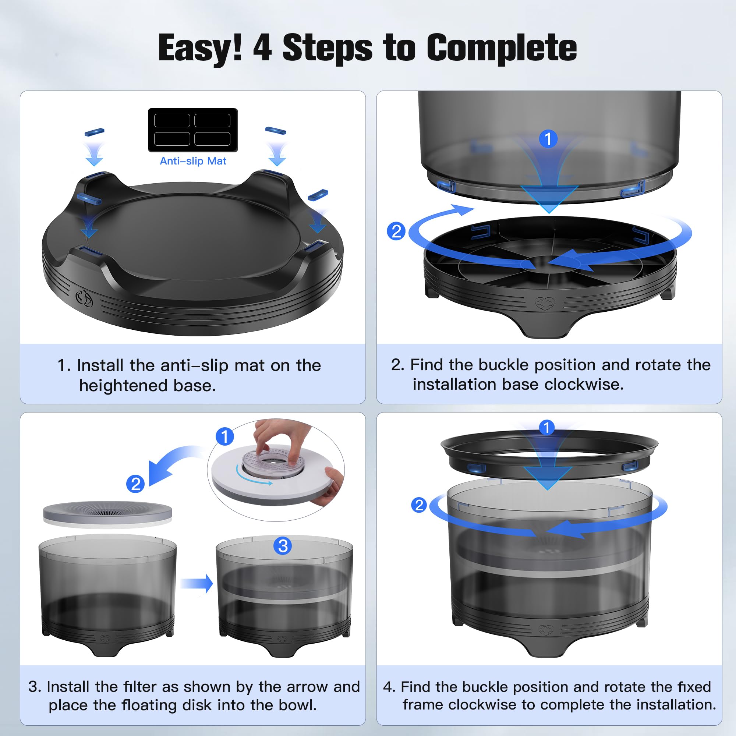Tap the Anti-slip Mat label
pyautogui.click(x=193, y=161)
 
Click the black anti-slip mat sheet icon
pyautogui.click(x=193, y=130)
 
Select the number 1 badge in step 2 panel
pyautogui.click(x=548, y=139)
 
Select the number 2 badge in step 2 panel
pyautogui.click(x=396, y=231)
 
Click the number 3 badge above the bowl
pyautogui.click(x=283, y=546)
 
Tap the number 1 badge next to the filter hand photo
pyautogui.click(x=225, y=436)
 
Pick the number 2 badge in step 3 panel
pyautogui.click(x=135, y=484)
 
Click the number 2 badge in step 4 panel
pyautogui.click(x=419, y=505)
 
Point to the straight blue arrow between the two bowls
pyautogui.click(x=197, y=583)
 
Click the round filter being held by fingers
pyautogui.click(x=273, y=462)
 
